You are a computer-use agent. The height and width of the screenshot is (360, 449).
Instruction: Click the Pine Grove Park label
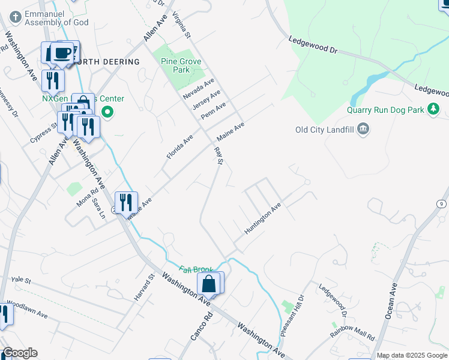coord(181,65)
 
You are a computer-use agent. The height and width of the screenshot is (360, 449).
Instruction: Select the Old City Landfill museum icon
coord(363,130)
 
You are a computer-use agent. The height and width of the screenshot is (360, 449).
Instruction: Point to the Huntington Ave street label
coord(263,219)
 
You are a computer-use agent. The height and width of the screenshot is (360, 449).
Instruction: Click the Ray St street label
coord(219,154)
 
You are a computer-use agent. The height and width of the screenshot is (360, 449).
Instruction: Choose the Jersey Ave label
coord(206,100)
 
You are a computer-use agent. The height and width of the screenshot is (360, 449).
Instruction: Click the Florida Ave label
coord(180,146)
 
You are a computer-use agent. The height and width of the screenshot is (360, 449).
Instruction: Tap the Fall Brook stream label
coord(196,270)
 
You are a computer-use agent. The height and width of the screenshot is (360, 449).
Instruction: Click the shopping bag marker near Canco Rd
coord(209,283)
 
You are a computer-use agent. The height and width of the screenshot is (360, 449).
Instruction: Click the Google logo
coord(19,353)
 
